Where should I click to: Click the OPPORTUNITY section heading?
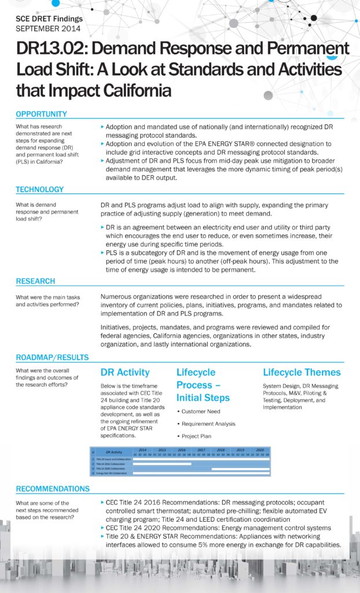click(x=41, y=114)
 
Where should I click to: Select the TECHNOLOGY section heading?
click(x=39, y=189)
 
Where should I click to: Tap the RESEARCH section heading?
click(x=35, y=281)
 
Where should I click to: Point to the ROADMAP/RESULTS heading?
click(x=52, y=357)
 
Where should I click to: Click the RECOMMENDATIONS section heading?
click(x=53, y=488)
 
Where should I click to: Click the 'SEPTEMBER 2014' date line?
click(x=48, y=28)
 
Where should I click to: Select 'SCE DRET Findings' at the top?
click(x=49, y=19)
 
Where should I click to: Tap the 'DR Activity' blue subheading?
click(x=125, y=372)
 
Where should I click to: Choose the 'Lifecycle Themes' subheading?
click(x=302, y=372)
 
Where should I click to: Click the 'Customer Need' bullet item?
click(x=200, y=411)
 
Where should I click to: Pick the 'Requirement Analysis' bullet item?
click(x=208, y=424)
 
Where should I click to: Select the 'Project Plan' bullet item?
click(x=197, y=437)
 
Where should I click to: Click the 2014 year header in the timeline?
click(x=142, y=449)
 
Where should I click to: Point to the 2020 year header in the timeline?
click(x=260, y=449)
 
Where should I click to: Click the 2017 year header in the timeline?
click(x=201, y=449)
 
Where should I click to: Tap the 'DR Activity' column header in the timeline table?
click(x=113, y=451)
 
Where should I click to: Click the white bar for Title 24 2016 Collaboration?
click(x=161, y=464)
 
